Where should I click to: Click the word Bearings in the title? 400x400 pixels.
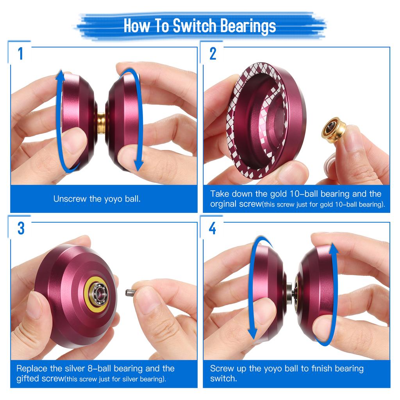coord(247,26)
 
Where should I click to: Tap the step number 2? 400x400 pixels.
coord(213,54)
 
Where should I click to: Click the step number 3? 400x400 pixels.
coord(21,229)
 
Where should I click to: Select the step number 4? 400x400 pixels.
coord(212,229)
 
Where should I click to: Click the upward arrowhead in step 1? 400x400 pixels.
coord(60,75)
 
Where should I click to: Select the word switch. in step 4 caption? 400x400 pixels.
coord(223,378)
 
